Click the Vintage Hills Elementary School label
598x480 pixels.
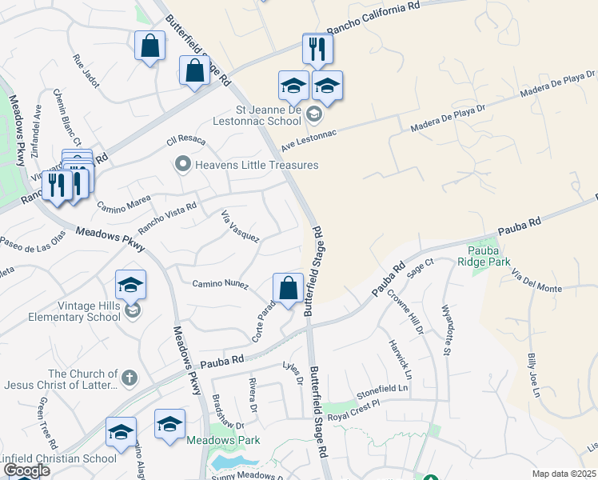click(x=61, y=310)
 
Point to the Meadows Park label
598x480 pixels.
click(x=224, y=440)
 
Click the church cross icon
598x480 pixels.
click(x=129, y=374)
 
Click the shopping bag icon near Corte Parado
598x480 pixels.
click(x=288, y=289)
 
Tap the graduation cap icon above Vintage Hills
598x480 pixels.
click(x=130, y=285)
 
